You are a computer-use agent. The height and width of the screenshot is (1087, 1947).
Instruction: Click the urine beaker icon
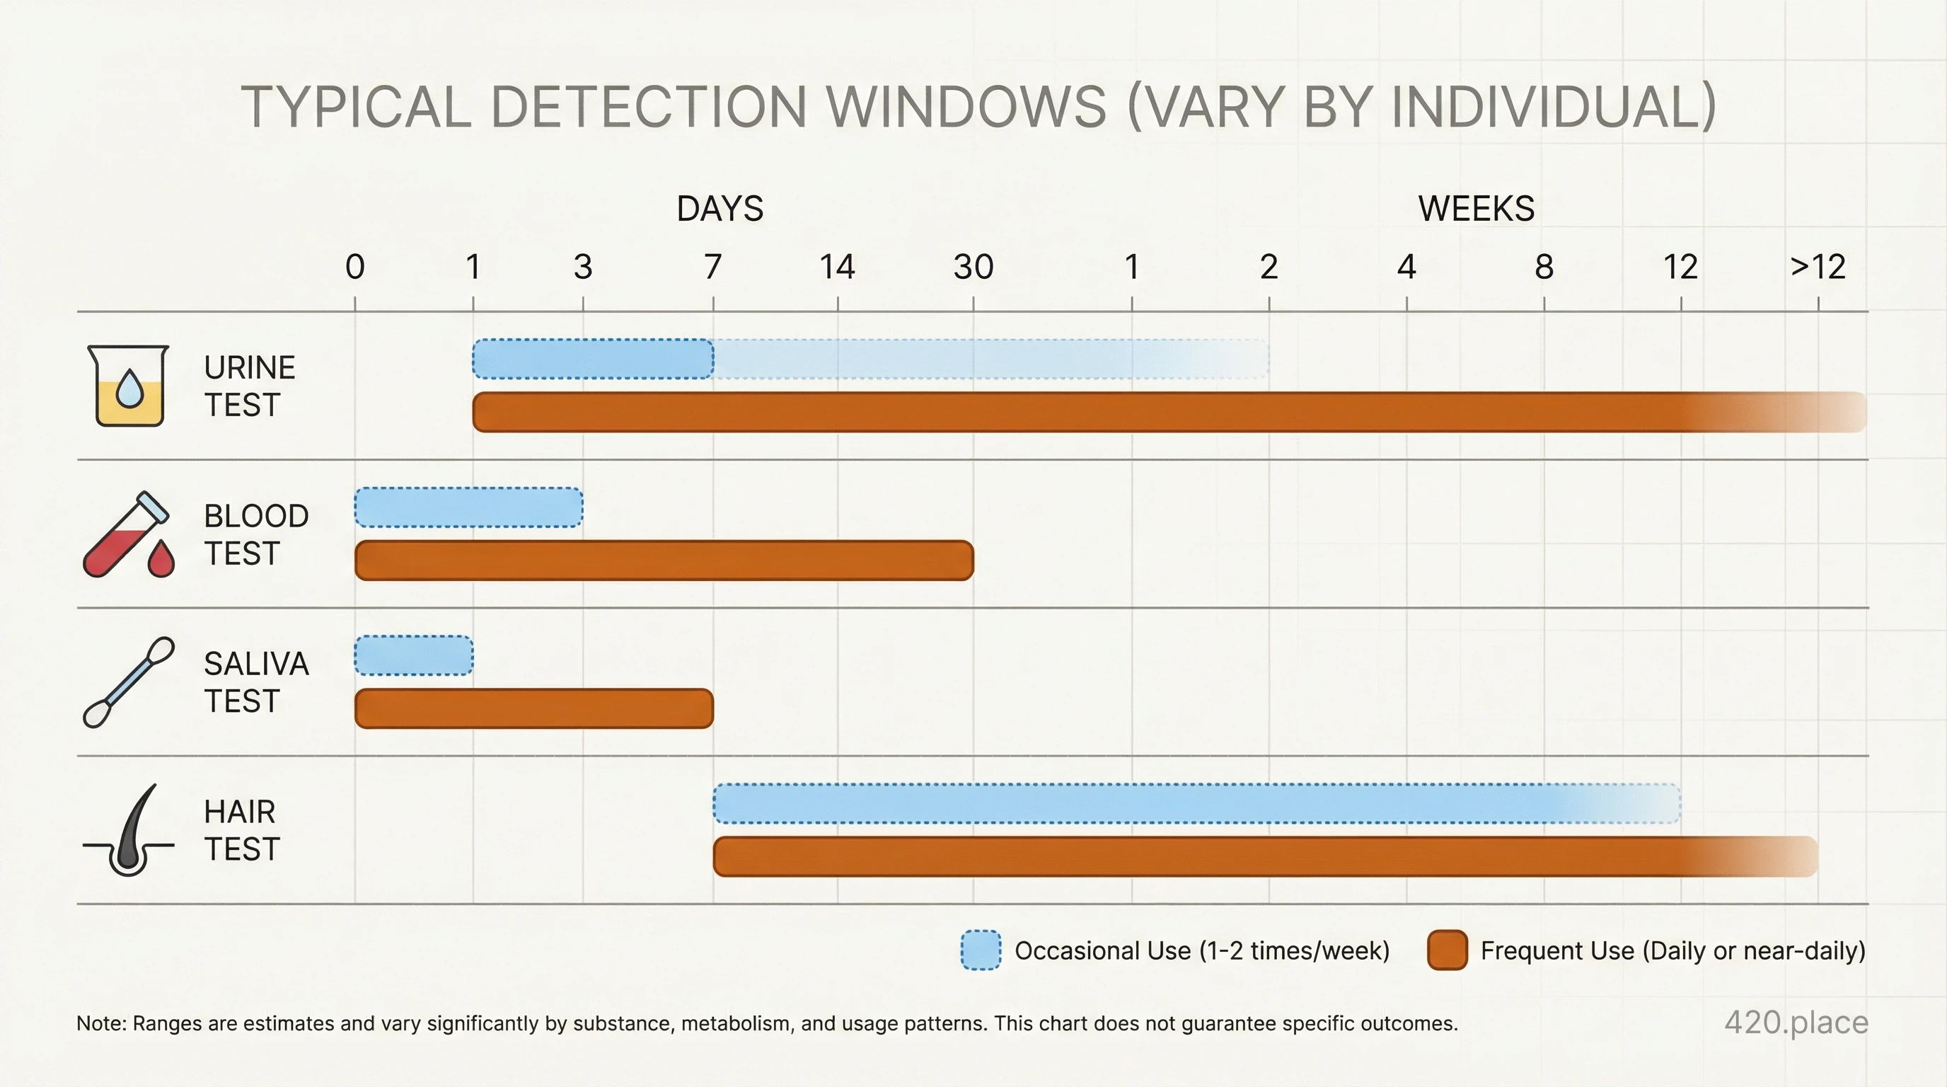[129, 386]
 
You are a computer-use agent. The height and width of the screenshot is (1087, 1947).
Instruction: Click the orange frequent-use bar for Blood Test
[664, 560]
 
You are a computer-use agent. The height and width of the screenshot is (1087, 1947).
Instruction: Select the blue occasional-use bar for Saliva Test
[413, 655]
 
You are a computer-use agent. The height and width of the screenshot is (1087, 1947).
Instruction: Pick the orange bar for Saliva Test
[533, 708]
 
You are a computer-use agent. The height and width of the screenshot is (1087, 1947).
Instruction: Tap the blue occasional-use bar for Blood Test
[468, 507]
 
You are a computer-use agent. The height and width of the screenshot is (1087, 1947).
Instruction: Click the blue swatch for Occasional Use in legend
[981, 950]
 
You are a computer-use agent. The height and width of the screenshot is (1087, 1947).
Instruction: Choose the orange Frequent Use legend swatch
[1447, 950]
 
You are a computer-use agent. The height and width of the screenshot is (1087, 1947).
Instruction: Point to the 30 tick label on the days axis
[973, 267]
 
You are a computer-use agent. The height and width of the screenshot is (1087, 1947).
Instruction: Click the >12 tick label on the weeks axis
[1818, 267]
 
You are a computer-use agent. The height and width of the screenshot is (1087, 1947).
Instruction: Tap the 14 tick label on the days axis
[837, 267]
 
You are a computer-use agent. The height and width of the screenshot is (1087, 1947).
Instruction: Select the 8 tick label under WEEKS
[1544, 267]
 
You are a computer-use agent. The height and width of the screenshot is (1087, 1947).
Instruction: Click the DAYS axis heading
[720, 209]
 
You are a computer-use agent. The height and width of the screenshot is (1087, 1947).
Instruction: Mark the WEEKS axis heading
[1475, 209]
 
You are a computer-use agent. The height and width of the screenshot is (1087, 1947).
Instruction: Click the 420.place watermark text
[1796, 1022]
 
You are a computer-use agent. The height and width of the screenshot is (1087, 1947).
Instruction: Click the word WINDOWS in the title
[966, 107]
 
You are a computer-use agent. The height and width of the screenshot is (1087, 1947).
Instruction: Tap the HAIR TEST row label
[242, 830]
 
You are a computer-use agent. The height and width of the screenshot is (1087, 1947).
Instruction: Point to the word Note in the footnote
[100, 1023]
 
